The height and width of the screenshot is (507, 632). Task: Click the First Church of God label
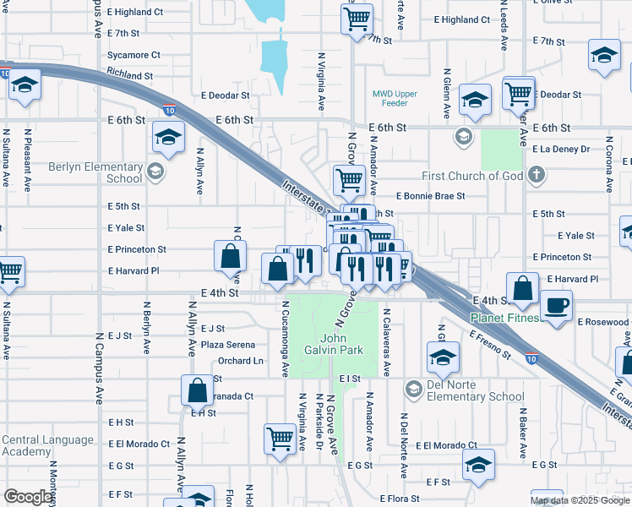[473, 176]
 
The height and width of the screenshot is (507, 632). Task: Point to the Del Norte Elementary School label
[474, 396]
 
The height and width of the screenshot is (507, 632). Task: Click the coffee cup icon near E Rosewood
[555, 305]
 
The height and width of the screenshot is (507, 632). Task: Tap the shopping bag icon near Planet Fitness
[524, 288]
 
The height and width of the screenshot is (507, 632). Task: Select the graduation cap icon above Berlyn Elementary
[169, 138]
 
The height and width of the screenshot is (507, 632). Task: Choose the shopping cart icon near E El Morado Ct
[280, 438]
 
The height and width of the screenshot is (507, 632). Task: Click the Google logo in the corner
[28, 497]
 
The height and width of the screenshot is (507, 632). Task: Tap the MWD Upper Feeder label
[390, 98]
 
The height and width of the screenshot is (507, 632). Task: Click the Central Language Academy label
[47, 445]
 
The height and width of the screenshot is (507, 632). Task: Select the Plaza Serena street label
[227, 345]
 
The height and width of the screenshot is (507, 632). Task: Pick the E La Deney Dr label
[561, 149]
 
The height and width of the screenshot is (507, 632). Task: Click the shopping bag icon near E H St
[197, 390]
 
